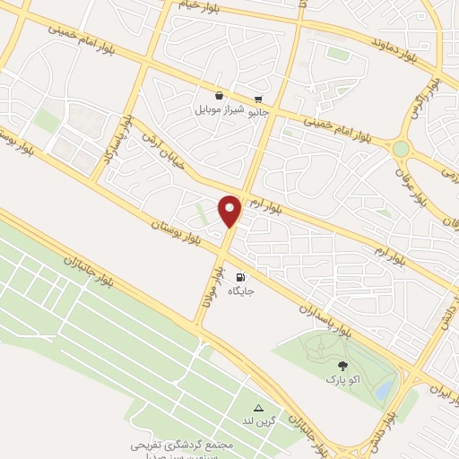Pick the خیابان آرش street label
click(x=160, y=149)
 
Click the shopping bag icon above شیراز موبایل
click(x=219, y=95)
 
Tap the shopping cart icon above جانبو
click(x=258, y=100)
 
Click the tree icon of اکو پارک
click(x=342, y=365)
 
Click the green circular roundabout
click(x=401, y=148)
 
